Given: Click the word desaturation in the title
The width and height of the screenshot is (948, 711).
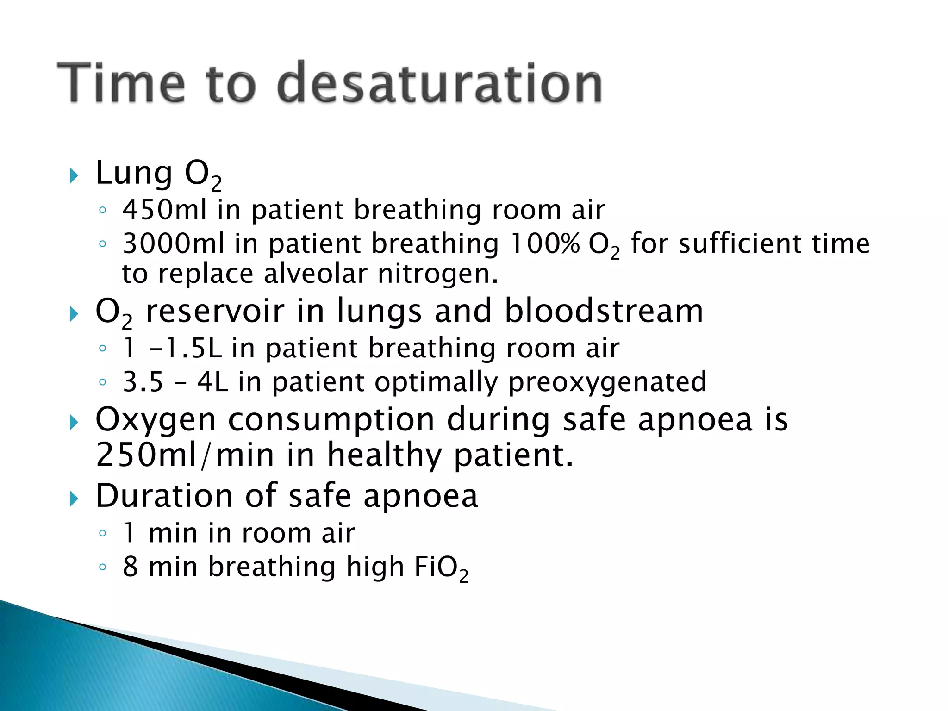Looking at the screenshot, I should coord(439,83).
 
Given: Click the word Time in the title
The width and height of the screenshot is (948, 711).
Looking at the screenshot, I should coord(121,83).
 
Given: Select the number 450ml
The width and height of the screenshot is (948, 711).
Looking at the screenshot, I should coord(164,210).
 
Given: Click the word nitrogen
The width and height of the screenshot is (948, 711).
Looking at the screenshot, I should coord(437,274).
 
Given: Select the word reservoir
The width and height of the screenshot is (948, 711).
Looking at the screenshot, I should coord(215,311).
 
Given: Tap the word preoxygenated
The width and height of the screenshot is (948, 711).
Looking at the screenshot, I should coord(607,382).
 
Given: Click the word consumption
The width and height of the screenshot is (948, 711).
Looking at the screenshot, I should coord(331,419).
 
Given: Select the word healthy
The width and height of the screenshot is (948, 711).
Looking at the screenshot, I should coord(385,455).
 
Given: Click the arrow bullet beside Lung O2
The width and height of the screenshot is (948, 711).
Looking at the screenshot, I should coord(74,175).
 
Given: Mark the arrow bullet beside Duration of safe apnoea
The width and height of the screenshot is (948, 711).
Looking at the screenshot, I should coord(74,499).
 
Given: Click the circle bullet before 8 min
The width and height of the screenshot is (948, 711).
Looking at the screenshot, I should coord(103,567).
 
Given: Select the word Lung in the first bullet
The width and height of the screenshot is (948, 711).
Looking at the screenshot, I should coord(134,174).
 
